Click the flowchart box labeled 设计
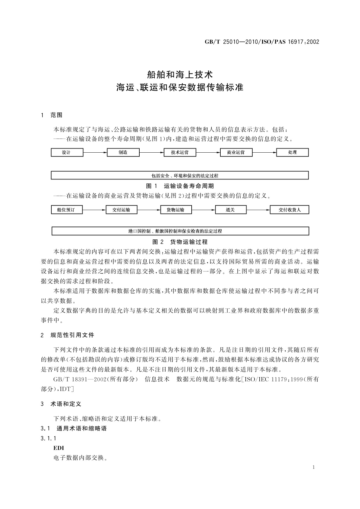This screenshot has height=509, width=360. pyautogui.click(x=67, y=153)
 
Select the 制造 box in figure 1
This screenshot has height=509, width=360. pyautogui.click(x=123, y=153)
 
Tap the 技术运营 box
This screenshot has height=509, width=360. pyautogui.click(x=180, y=153)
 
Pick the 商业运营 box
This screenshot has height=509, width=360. pyautogui.click(x=236, y=153)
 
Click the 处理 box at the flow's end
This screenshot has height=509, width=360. pyautogui.click(x=292, y=153)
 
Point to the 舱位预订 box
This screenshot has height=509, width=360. pyautogui.click(x=67, y=210)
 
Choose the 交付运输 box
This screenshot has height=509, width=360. pyautogui.click(x=121, y=210)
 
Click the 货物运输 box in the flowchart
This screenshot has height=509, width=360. pyautogui.click(x=176, y=210)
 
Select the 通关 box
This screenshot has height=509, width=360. pyautogui.click(x=231, y=210)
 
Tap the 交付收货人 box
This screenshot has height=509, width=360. pyautogui.click(x=289, y=210)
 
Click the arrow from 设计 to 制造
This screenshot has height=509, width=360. pyautogui.click(x=95, y=153)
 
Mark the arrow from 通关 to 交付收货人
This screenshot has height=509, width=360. pyautogui.click(x=258, y=210)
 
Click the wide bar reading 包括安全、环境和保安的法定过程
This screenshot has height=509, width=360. pyautogui.click(x=180, y=176)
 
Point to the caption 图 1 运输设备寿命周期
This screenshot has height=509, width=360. pyautogui.click(x=180, y=186)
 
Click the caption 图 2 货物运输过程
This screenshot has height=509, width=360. pyautogui.click(x=180, y=242)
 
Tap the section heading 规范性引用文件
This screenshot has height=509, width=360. pyautogui.click(x=73, y=335)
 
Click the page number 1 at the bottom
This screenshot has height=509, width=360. pyautogui.click(x=313, y=467)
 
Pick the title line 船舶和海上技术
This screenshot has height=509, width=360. pyautogui.click(x=180, y=74)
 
